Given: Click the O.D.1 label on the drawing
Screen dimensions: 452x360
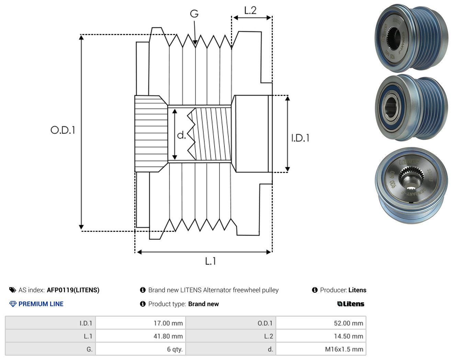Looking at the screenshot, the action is (x=63, y=130).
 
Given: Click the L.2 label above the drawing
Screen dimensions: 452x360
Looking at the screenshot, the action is (x=250, y=10).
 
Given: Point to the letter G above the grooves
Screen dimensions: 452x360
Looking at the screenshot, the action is (x=194, y=14).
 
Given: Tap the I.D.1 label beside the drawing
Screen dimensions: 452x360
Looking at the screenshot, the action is (x=300, y=138).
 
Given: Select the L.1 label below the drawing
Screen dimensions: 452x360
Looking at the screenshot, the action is (x=211, y=261).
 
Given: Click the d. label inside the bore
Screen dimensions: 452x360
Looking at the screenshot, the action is (x=181, y=135).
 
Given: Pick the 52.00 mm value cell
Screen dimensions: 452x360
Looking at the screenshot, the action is (x=321, y=323).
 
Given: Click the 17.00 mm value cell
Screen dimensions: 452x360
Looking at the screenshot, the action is (x=140, y=323).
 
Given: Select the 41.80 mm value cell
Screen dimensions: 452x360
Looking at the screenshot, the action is (x=140, y=336).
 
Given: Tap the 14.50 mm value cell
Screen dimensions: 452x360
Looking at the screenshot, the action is (x=321, y=336).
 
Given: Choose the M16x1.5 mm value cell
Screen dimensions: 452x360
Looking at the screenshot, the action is (x=321, y=349).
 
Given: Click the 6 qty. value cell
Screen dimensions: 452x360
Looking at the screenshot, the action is (x=140, y=349).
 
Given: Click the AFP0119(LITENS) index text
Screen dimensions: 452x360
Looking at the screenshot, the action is (x=73, y=290).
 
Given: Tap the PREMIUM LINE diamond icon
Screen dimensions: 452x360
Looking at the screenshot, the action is (x=13, y=304).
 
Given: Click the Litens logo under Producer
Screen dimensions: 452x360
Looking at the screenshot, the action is (x=351, y=304).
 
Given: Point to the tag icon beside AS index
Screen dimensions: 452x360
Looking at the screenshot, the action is (x=13, y=290).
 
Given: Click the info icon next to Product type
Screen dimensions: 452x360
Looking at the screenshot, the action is (x=143, y=304).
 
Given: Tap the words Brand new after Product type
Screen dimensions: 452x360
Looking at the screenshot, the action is (x=203, y=304).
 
